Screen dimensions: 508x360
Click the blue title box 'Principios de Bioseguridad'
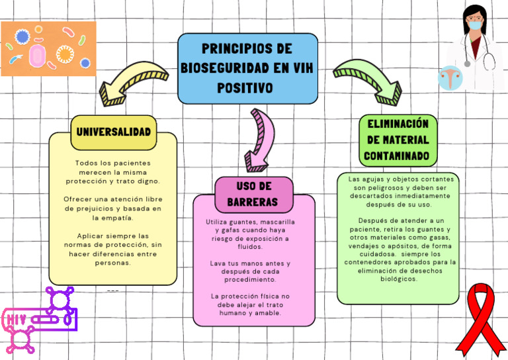point(247,68)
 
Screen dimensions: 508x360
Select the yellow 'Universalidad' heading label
point(113,132)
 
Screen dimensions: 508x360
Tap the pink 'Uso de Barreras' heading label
point(254,193)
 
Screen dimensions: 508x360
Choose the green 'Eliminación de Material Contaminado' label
point(398,140)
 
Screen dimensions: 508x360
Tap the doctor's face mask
point(474,26)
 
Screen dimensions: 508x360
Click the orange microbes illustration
point(48,48)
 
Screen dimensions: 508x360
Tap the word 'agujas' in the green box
point(377,179)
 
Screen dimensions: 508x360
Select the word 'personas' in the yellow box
point(113,263)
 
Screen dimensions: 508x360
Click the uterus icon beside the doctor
point(450,77)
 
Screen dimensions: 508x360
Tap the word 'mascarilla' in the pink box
point(278,222)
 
